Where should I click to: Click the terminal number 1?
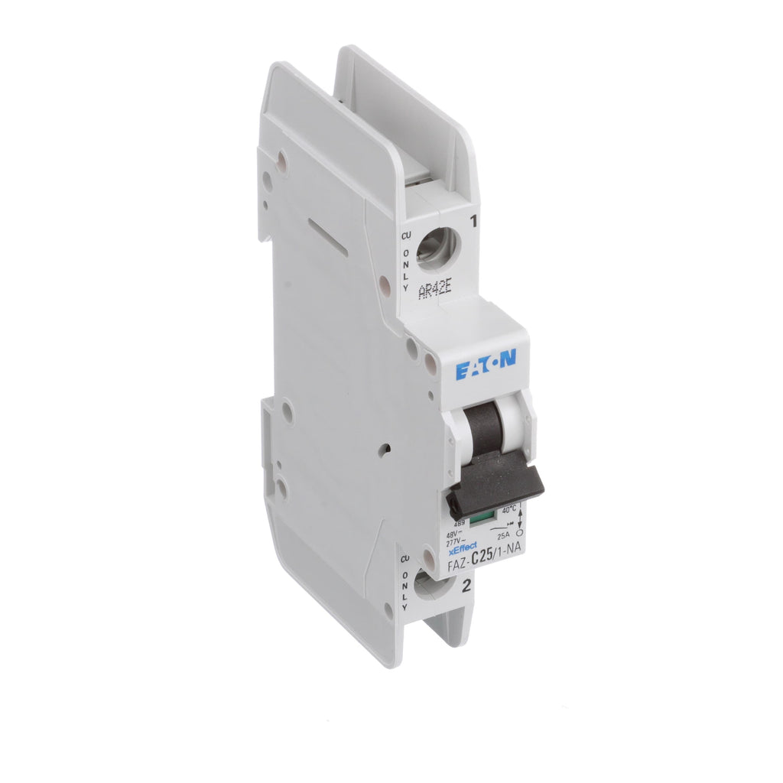[474, 223]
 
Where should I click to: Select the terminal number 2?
[465, 587]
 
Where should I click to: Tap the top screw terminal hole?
[436, 249]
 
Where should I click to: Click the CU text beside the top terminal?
[406, 238]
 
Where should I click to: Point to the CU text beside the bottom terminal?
[405, 560]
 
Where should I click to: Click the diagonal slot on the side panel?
[327, 236]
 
